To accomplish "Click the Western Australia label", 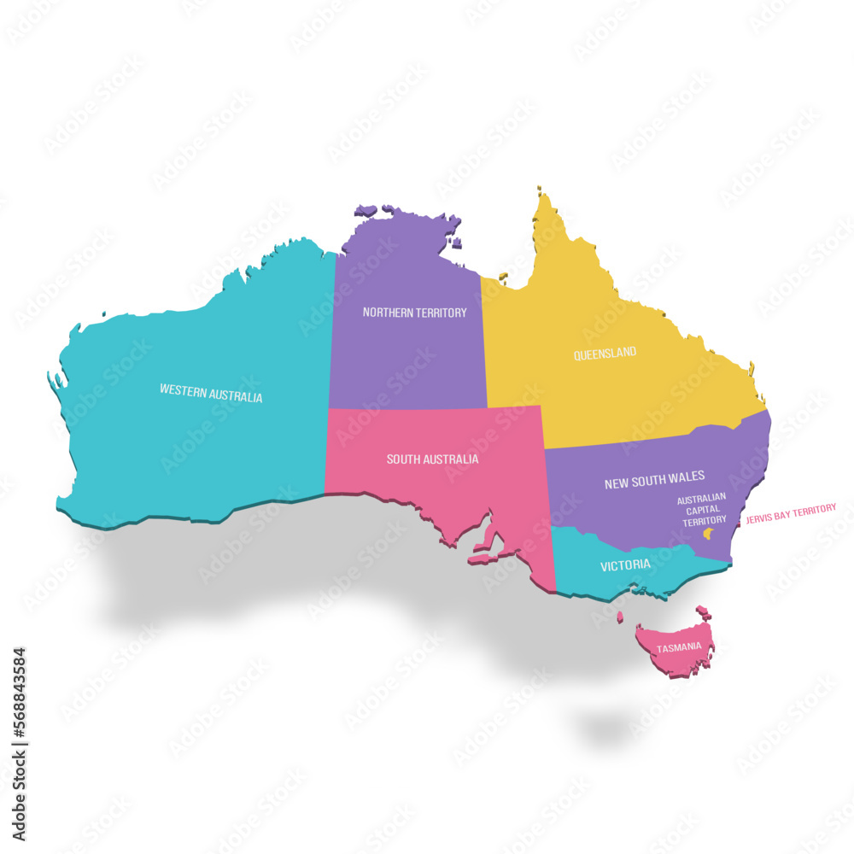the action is tap(211, 393).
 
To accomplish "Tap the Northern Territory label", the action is tap(414, 313).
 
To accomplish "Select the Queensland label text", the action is tap(605, 353).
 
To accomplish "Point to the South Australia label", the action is tap(432, 459).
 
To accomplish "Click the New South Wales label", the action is tap(654, 483).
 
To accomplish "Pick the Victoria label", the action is tap(625, 565).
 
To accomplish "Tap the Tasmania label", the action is tap(679, 647).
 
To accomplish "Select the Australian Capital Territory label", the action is tap(702, 509).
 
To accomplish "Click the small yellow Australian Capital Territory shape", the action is tap(707, 534).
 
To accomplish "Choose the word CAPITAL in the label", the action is tap(702, 509).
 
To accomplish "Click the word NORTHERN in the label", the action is tap(389, 313).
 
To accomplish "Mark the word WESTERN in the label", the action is tap(183, 389).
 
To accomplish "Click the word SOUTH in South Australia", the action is tap(403, 459).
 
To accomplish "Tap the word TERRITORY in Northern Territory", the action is tap(442, 313).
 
